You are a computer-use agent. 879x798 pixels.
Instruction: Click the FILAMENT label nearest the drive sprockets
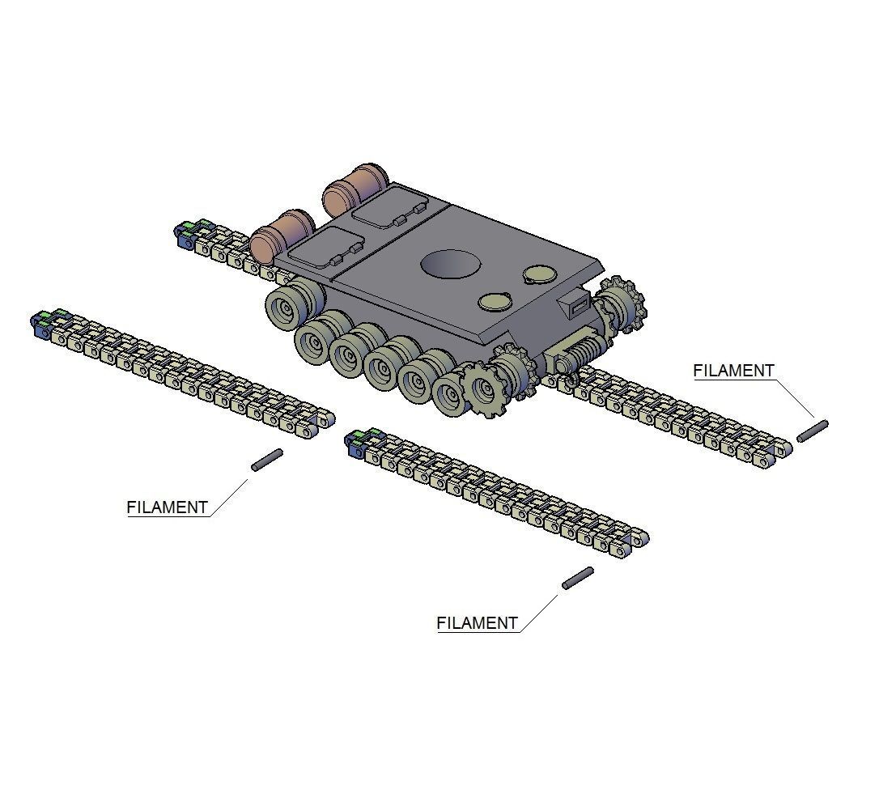pyautogui.click(x=733, y=371)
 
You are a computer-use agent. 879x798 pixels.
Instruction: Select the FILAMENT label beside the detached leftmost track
pyautogui.click(x=168, y=508)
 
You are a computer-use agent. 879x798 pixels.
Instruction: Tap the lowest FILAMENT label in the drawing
pyautogui.click(x=477, y=623)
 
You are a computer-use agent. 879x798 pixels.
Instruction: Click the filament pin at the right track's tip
pyautogui.click(x=812, y=431)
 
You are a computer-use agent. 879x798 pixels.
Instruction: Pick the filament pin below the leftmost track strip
pyautogui.click(x=267, y=460)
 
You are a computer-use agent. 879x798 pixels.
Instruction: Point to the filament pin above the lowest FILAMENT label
pyautogui.click(x=577, y=578)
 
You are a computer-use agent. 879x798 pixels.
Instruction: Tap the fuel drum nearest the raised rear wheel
pyautogui.click(x=282, y=232)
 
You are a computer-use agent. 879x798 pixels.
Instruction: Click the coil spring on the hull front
pyautogui.click(x=585, y=350)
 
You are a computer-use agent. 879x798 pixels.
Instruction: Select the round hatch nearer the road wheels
pyautogui.click(x=495, y=302)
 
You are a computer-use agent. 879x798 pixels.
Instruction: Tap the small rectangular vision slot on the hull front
pyautogui.click(x=579, y=304)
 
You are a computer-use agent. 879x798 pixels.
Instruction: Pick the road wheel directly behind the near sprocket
pyautogui.click(x=448, y=392)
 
